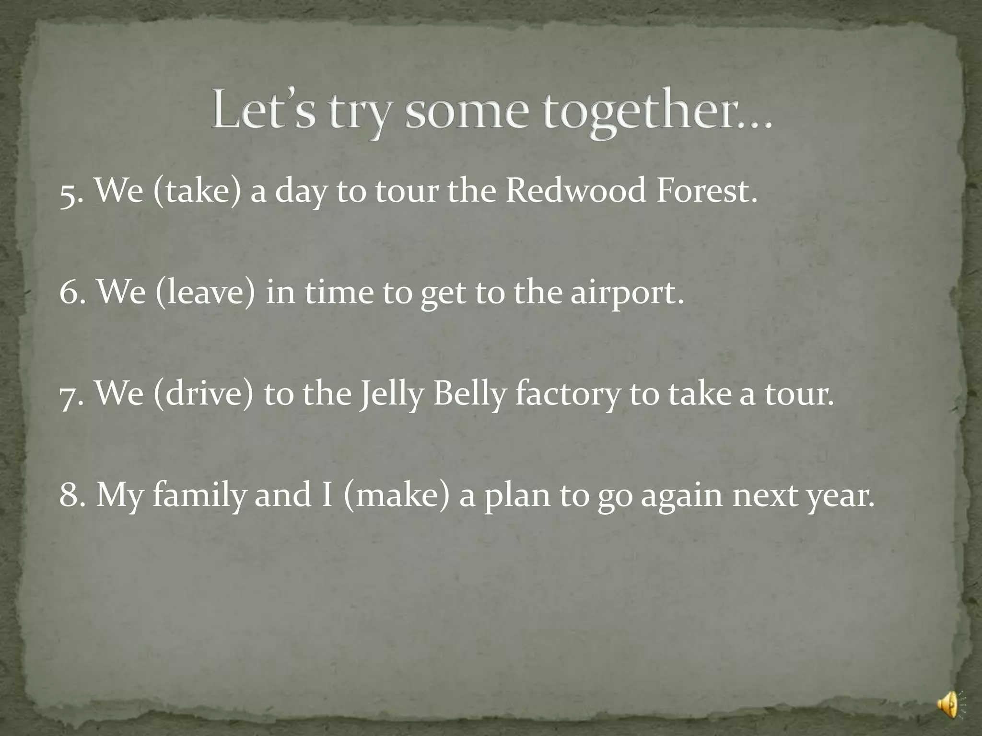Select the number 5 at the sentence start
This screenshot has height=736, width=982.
pos(69,193)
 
